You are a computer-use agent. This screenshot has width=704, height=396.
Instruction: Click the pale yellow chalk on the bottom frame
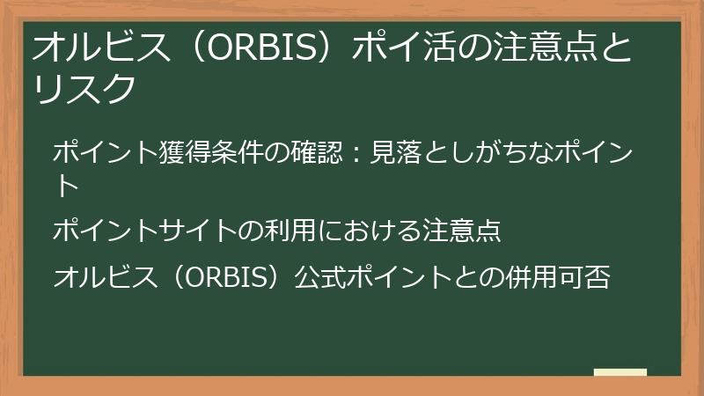[x=620, y=373]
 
